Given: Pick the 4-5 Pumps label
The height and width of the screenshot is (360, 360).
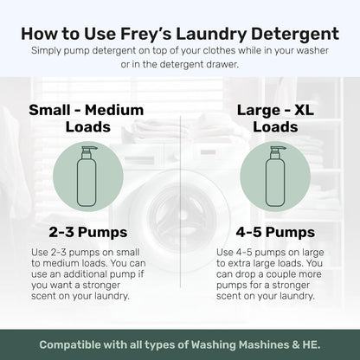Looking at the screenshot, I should pos(270,232).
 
